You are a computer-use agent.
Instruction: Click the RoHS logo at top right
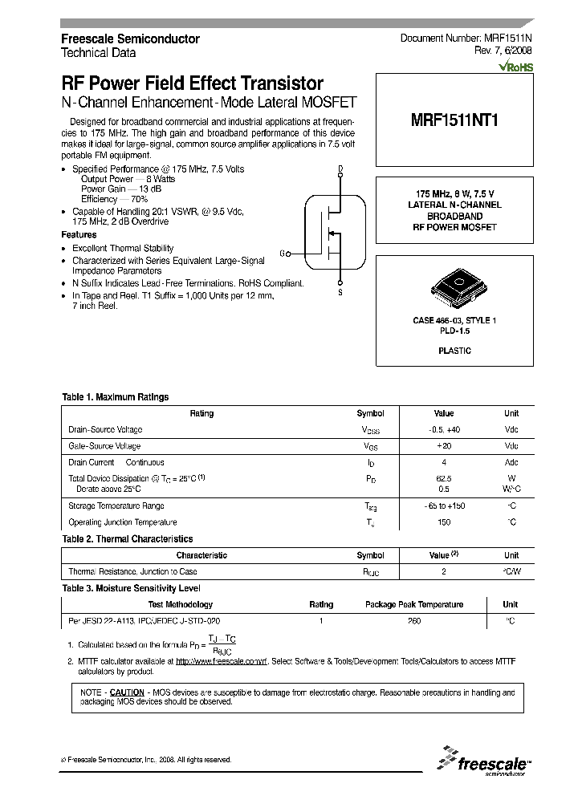(x=515, y=68)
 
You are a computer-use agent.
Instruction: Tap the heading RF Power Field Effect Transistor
(x=193, y=84)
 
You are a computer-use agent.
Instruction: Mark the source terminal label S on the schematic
(x=340, y=293)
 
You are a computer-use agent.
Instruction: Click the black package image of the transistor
(x=454, y=288)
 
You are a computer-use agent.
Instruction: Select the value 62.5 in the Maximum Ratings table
(x=443, y=478)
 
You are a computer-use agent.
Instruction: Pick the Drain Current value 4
(x=443, y=463)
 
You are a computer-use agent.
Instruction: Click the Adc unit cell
(x=511, y=463)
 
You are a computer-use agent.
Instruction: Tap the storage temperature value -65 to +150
(x=443, y=506)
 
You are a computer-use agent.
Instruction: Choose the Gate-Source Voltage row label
(x=104, y=446)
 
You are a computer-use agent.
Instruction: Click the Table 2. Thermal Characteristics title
(x=128, y=539)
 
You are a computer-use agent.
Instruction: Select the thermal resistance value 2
(x=443, y=572)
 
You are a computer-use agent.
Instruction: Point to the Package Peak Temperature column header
(x=413, y=605)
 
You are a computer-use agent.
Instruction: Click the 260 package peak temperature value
(x=413, y=621)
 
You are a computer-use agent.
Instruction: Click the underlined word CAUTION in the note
(x=127, y=692)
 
